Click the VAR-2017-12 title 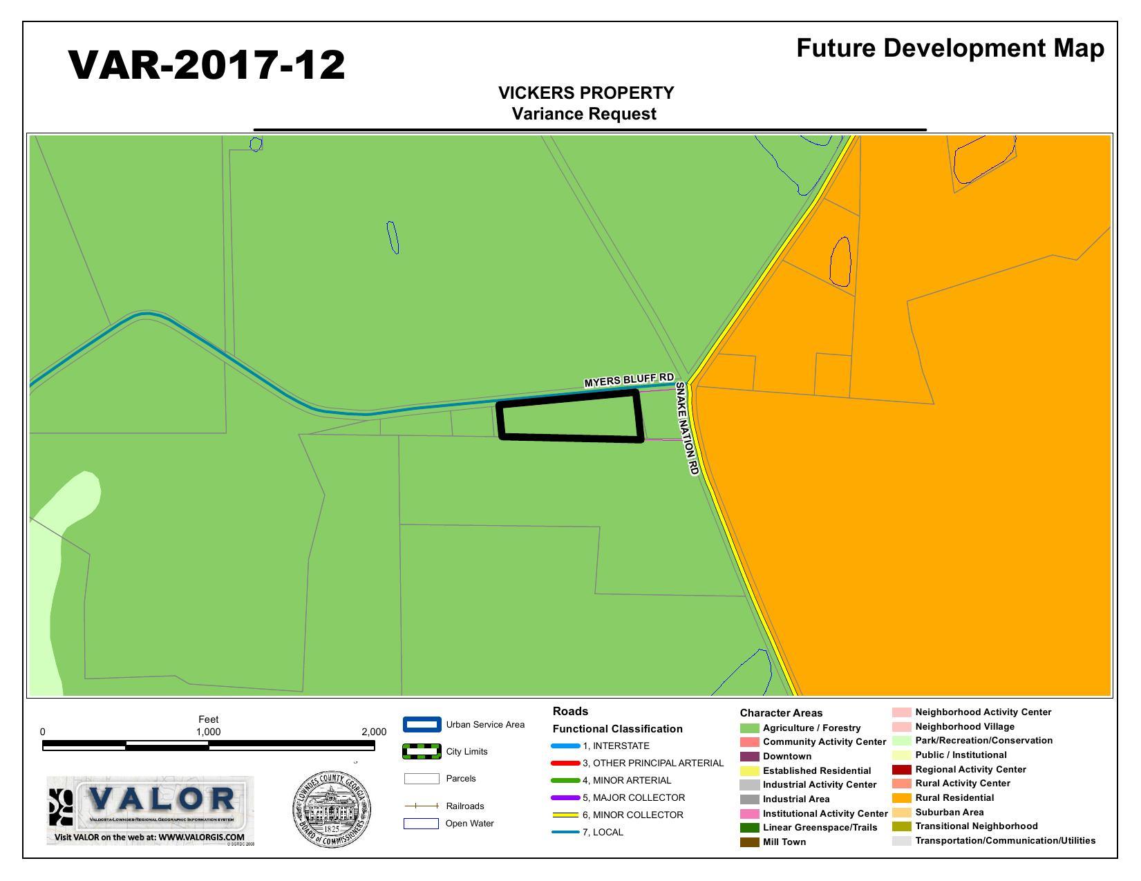[207, 65]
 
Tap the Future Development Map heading [950, 48]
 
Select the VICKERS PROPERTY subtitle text [586, 93]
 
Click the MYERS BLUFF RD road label [629, 380]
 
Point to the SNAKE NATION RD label [687, 428]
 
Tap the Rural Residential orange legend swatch [901, 798]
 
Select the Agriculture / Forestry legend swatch [749, 728]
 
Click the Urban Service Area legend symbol [422, 725]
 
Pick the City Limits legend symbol [422, 752]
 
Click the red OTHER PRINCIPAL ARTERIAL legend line [565, 764]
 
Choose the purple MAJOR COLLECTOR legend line [565, 798]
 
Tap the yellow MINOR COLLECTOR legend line [565, 815]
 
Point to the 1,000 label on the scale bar [208, 732]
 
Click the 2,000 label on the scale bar [374, 732]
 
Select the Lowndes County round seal [331, 809]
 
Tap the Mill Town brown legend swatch [749, 842]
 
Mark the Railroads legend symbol [422, 806]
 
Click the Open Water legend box [422, 824]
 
